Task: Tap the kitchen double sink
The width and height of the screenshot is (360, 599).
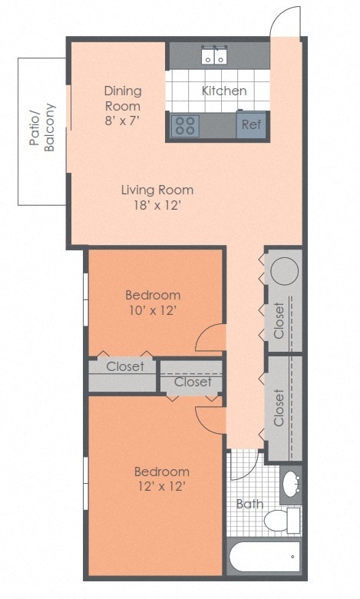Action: (214, 55)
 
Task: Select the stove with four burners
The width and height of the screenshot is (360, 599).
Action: (185, 125)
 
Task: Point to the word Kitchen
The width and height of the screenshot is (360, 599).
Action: (224, 91)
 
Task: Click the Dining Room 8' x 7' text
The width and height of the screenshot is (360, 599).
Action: (123, 105)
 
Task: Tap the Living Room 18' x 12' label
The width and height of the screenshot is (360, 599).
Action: (157, 197)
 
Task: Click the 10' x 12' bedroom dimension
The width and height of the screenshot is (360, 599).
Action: (153, 310)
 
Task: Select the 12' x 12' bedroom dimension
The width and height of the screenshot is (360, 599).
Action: (161, 486)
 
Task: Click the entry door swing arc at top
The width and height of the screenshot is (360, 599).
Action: (285, 22)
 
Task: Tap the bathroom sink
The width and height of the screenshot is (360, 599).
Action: (291, 485)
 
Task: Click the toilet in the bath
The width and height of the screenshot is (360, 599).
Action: (280, 521)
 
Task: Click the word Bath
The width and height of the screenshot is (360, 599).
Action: (249, 505)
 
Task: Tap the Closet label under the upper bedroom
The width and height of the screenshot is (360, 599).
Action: (125, 366)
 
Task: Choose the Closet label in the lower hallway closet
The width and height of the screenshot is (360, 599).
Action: (279, 407)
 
